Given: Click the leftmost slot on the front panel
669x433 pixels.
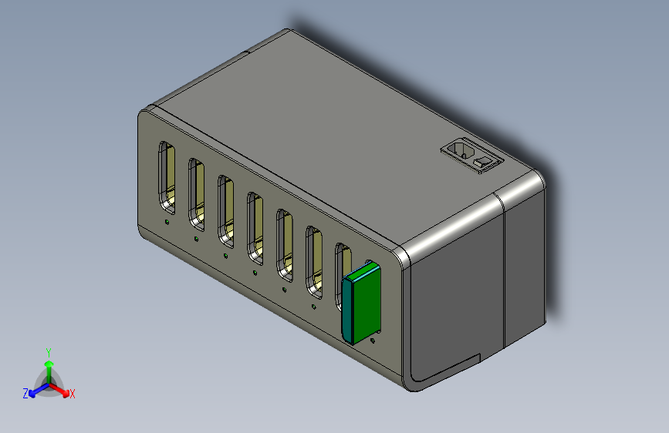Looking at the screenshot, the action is click(x=167, y=178).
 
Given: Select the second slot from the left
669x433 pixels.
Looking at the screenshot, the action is click(x=196, y=195).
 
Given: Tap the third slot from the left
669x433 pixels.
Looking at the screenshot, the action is click(x=225, y=211).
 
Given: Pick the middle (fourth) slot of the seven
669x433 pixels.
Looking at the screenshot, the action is click(x=255, y=228).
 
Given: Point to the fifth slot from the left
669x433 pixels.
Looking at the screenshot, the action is click(x=284, y=246).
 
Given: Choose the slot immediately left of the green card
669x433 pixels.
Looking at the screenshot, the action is click(x=313, y=263).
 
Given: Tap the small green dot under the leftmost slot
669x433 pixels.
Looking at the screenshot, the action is click(x=167, y=222).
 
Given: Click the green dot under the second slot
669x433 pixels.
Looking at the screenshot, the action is click(x=196, y=239).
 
